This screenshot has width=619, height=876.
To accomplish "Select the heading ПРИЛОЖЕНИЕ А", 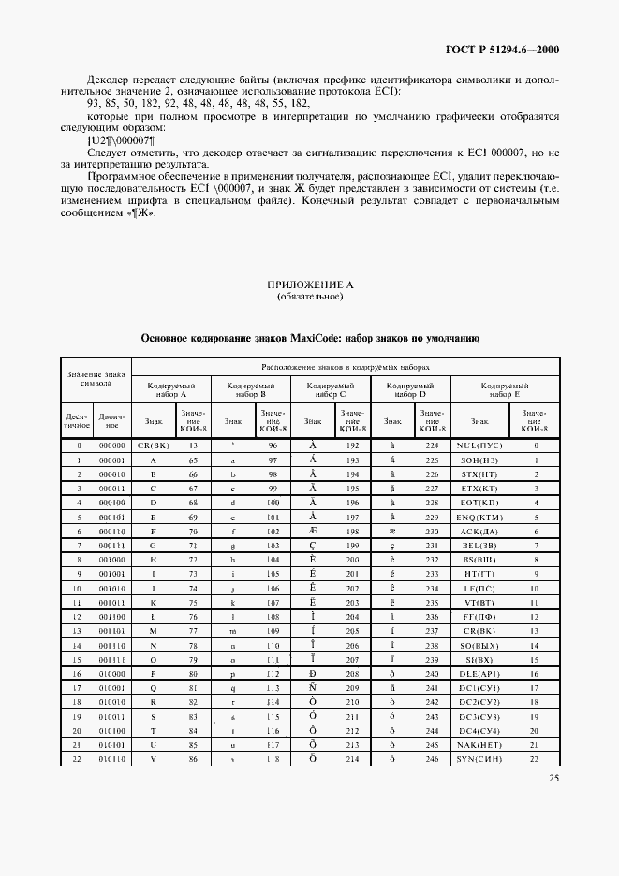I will (309, 285).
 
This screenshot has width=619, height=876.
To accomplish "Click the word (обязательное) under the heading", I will (309, 297).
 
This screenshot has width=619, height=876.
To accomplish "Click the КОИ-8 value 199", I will (352, 546).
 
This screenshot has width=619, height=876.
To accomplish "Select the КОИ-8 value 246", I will (431, 759).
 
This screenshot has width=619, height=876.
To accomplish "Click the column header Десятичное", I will (76, 421).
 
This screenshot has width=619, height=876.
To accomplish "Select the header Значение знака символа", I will (95, 379).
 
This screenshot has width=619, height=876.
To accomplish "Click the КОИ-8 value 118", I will (273, 759).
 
